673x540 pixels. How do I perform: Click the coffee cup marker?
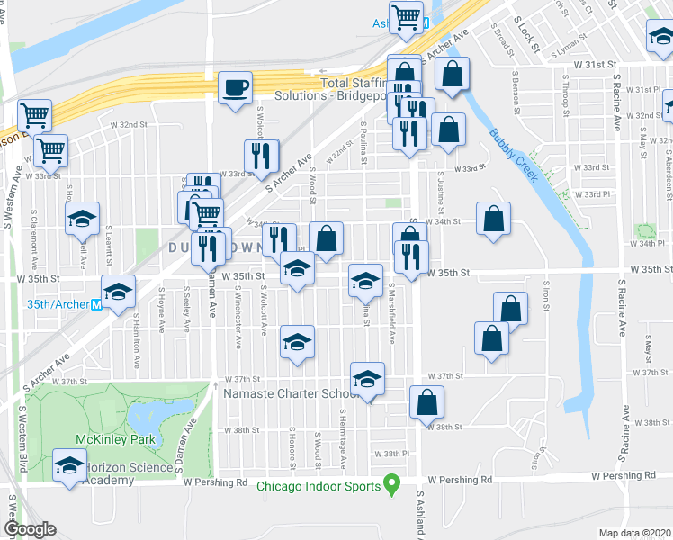(x=236, y=88)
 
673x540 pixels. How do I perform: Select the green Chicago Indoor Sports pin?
(x=391, y=486)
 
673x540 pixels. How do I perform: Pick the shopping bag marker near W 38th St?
(x=427, y=402)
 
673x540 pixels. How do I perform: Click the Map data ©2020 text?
(x=634, y=533)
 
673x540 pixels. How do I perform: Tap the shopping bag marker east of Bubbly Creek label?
(x=494, y=219)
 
